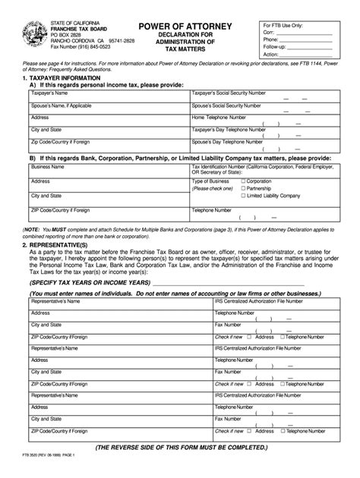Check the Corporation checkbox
coord(242,182)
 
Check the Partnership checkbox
coord(242,188)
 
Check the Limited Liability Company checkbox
coord(242,195)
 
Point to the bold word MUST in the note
coord(61,228)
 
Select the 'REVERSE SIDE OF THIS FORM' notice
coord(179,448)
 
